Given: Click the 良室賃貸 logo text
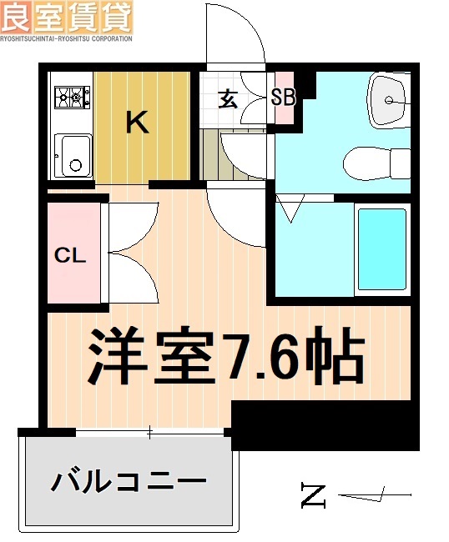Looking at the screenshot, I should [66, 16].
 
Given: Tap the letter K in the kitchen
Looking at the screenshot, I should [137, 124].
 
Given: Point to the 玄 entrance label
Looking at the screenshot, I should [228, 98].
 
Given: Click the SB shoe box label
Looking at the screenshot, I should [284, 98].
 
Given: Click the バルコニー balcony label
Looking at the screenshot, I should [129, 482].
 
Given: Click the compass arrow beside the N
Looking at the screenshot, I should [376, 497].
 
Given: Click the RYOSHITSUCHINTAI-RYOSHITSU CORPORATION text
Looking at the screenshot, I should [66, 38].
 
